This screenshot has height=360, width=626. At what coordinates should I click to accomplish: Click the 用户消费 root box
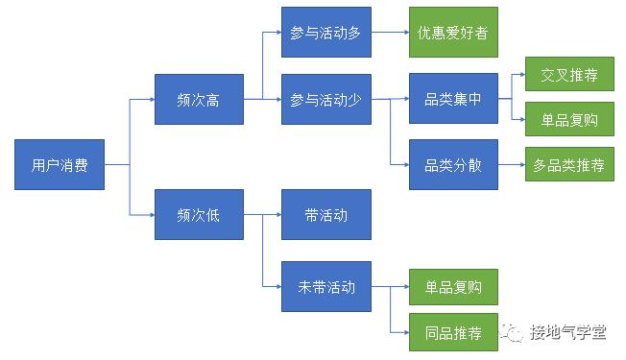click(60, 165)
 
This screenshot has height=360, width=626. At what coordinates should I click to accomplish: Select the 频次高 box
click(199, 99)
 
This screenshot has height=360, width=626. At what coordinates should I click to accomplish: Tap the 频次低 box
click(199, 214)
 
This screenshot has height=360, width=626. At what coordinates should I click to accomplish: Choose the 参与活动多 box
click(325, 33)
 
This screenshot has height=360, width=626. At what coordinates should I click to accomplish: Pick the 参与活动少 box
click(325, 99)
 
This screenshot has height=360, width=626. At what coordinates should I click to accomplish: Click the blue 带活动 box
click(325, 214)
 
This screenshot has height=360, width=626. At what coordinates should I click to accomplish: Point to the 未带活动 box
click(325, 286)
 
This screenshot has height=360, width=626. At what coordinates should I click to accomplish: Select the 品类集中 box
click(453, 99)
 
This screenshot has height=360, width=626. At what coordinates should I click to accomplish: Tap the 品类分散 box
click(453, 165)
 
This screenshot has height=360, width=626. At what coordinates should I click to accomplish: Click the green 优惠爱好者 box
click(453, 33)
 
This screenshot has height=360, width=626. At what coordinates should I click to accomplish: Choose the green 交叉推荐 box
click(568, 75)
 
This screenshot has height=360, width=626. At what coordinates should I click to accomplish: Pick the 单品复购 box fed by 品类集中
click(568, 121)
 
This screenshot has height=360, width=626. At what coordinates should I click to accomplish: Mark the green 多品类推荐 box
click(568, 165)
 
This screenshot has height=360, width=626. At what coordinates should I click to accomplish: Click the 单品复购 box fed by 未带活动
click(453, 286)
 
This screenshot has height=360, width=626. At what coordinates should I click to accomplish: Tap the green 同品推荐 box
click(453, 333)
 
